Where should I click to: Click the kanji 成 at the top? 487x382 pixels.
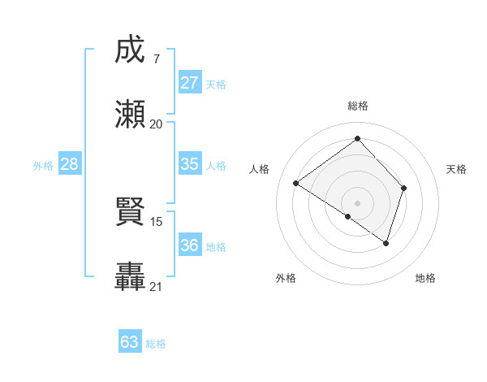pos(131,50)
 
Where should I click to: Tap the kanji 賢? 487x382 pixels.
pos(131,214)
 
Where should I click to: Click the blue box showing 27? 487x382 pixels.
pos(190,83)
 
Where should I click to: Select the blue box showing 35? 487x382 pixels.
pos(190,164)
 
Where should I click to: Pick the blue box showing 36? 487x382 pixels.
pos(190,245)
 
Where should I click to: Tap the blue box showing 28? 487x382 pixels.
pos(70,164)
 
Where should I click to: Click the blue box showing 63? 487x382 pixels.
pos(130,342)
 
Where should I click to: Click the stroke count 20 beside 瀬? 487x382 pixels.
pos(156,124)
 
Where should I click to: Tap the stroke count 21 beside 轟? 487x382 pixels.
pos(156,286)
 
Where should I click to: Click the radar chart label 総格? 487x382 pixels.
pos(358,106)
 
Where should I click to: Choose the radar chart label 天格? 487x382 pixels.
pos(456,169)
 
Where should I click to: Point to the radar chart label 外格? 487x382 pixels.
pos(286,278)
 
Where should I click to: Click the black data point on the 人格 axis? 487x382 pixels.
pos(296,183)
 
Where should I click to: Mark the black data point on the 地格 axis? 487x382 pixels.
pos(386,243)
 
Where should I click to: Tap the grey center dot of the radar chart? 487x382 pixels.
pos(358,202)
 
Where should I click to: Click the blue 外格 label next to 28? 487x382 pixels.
pos(43,165)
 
